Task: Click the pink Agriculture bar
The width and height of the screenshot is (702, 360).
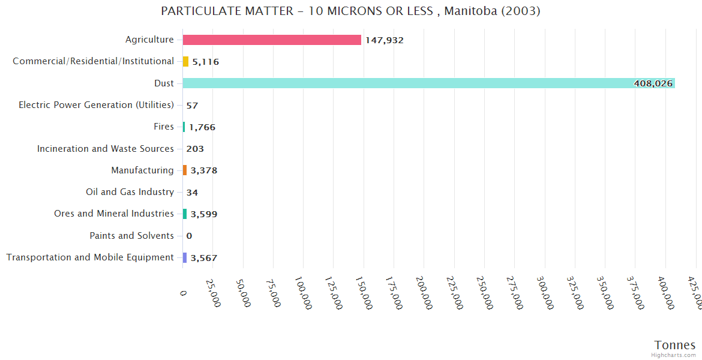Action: pos(272,40)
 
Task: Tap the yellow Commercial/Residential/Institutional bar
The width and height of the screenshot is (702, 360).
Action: pos(185,61)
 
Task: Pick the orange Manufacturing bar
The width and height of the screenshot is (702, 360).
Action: pos(185,170)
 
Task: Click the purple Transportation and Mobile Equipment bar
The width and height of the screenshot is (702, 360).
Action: pos(185,257)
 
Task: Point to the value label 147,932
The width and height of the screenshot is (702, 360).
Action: pos(384,40)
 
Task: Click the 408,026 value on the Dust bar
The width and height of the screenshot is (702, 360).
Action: pos(653,83)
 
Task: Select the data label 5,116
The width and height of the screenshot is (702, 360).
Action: pos(206,62)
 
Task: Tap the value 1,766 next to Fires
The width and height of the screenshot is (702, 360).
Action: pos(202,127)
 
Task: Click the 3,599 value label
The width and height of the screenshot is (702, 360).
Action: pos(203,214)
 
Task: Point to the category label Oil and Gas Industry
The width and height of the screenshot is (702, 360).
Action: pos(130,192)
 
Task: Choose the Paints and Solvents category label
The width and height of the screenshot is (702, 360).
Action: pos(131,236)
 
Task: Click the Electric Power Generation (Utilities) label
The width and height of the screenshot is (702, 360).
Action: pos(96,105)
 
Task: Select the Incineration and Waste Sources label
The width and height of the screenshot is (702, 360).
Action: pos(105,148)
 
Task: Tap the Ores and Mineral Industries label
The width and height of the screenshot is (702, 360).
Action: pos(113,214)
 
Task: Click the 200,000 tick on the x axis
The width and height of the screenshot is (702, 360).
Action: pos(424,293)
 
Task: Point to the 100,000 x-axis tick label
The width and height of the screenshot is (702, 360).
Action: pos(303,293)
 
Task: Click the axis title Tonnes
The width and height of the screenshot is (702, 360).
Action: pos(674,345)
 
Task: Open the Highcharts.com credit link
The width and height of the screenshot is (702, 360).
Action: pos(673,355)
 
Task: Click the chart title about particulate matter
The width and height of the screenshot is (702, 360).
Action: pos(350,11)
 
